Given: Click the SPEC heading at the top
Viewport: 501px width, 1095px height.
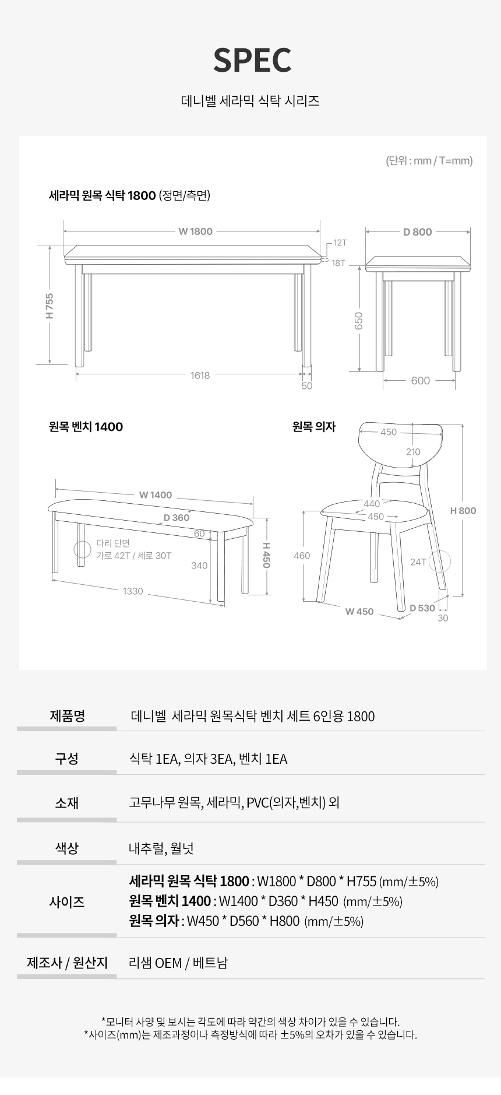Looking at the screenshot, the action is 252,60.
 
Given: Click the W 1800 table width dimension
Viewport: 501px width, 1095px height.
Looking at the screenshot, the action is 195,231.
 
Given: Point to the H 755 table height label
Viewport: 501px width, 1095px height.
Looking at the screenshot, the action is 50,306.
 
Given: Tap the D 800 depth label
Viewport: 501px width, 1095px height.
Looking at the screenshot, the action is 418,231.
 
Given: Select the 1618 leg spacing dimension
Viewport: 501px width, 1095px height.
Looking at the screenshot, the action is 200,375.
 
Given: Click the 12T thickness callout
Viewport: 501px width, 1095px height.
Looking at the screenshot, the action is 340,242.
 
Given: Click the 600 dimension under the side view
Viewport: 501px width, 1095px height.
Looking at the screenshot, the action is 420,381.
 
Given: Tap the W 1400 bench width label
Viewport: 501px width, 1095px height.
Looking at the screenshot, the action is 156,495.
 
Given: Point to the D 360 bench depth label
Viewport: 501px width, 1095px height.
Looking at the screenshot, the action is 177,518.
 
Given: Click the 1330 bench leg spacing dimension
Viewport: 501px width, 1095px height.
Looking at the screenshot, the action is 133,591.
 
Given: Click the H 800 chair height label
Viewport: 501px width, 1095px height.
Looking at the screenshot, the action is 463,511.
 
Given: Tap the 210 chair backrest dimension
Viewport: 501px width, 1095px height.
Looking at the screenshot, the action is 412,452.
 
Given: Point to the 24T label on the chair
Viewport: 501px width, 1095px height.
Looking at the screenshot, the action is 418,562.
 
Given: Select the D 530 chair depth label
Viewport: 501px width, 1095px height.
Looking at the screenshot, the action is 422,608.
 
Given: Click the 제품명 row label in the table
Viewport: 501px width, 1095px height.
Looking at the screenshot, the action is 67,715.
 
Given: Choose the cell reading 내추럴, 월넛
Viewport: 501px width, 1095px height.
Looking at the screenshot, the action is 161,848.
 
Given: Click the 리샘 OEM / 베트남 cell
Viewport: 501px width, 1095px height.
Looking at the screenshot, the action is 178,963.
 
